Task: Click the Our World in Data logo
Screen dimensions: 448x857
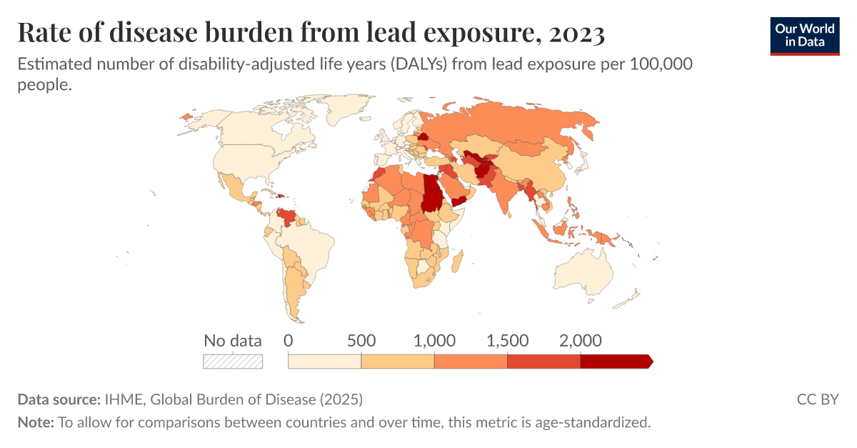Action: (x=804, y=35)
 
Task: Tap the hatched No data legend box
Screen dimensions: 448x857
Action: (x=233, y=361)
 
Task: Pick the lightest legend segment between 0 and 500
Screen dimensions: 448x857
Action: (x=325, y=361)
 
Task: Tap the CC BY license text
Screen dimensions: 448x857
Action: (x=818, y=399)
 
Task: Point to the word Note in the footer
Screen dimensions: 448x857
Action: (x=35, y=422)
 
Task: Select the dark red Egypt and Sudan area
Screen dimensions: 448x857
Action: (x=431, y=193)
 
